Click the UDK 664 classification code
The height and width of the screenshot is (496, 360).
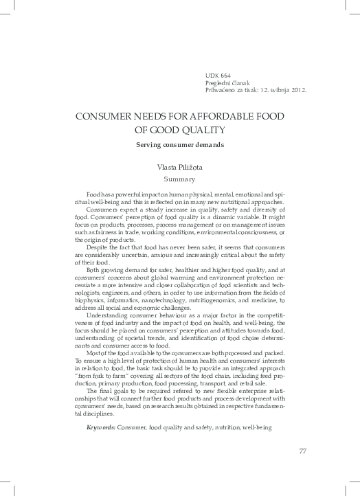(218, 74)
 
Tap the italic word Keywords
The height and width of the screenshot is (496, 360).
(100, 427)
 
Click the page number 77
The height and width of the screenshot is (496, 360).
(303, 451)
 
